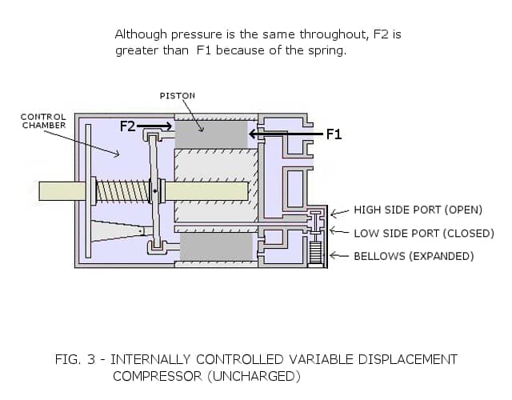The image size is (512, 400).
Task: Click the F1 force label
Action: (334, 134)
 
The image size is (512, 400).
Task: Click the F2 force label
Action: (128, 126)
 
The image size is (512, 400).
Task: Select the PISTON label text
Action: (177, 95)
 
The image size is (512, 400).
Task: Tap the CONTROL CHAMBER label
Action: (43, 121)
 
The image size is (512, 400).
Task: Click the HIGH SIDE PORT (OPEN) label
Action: (418, 210)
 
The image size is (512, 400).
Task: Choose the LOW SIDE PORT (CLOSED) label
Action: (422, 233)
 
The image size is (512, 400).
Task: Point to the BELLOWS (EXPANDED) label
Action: (414, 256)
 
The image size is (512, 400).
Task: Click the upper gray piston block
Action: (211, 134)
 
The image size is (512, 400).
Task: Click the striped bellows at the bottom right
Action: (314, 254)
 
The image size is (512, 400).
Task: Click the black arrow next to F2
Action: (154, 126)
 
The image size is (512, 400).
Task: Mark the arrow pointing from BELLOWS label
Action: (339, 256)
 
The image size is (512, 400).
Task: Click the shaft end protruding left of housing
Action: (56, 190)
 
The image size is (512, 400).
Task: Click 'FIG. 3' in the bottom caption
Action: (74, 359)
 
